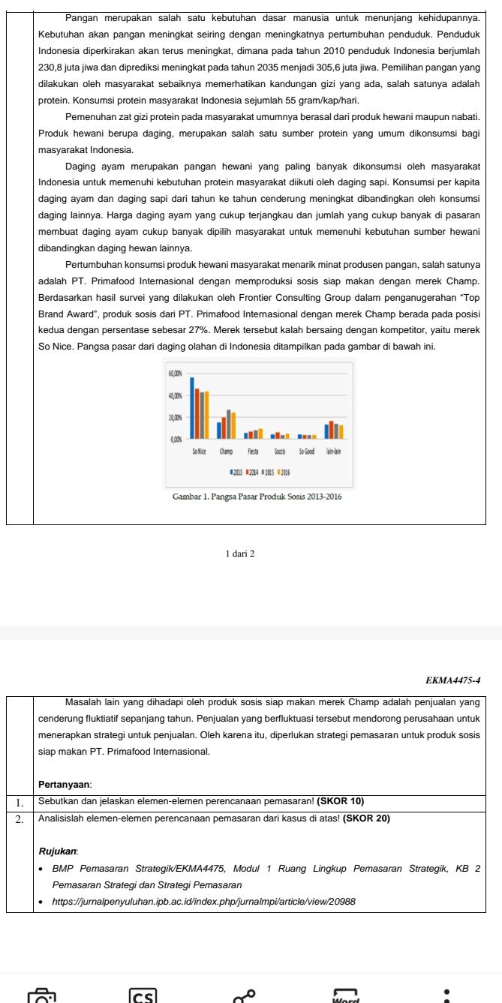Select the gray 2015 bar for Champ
pyautogui.click(x=229, y=424)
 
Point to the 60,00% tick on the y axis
pyautogui.click(x=176, y=373)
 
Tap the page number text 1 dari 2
pyautogui.click(x=240, y=554)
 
